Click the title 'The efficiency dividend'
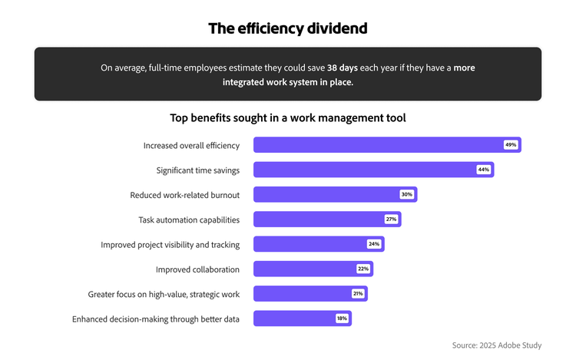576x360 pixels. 288,28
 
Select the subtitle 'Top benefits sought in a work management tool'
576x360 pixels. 288,118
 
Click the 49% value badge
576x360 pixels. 511,145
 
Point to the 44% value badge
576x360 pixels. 483,170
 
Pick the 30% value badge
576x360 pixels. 406,194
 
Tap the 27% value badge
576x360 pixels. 391,220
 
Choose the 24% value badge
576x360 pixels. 374,244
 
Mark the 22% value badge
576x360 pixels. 362,269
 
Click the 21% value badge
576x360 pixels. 358,293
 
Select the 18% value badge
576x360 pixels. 342,319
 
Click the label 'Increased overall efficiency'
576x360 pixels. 191,145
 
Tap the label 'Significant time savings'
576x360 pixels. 197,170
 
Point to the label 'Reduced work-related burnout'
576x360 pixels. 184,195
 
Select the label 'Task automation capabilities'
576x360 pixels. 189,220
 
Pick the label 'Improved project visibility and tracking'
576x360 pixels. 170,245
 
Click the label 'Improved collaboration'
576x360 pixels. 197,269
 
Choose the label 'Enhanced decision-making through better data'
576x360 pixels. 156,319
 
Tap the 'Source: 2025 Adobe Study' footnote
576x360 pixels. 496,345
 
